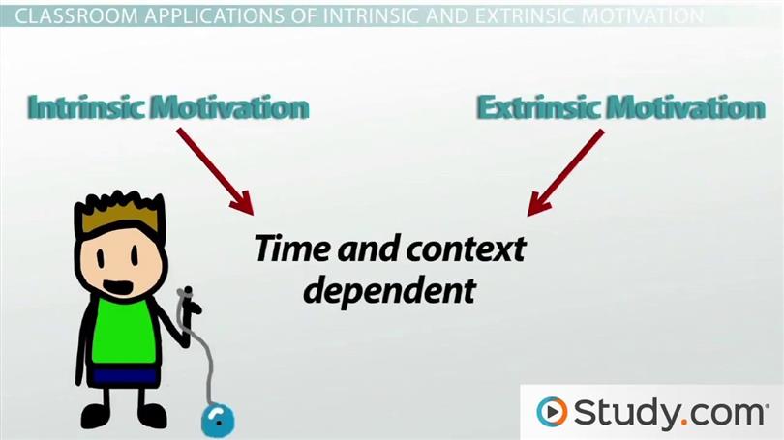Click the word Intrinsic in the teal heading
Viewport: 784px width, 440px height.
coord(87,107)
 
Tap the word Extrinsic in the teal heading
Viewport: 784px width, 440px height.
coord(537,107)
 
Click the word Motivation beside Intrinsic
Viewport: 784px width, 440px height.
coord(230,107)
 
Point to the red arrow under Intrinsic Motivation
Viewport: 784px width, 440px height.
coord(215,171)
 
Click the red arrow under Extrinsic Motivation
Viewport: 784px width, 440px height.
coord(565,172)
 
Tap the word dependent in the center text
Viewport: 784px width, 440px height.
coord(389,291)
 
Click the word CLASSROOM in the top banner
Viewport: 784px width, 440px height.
coord(77,16)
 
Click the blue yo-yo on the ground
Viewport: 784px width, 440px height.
coord(218,420)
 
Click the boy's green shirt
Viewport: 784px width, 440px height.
coord(123,331)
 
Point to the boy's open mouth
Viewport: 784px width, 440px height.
coord(117,288)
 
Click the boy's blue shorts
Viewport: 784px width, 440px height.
coord(125,375)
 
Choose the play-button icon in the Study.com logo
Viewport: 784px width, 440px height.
coord(552,412)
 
